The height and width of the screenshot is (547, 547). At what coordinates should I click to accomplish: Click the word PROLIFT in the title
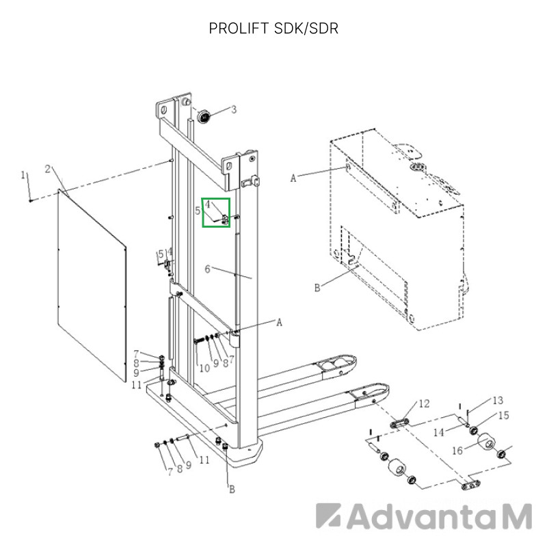pos(239,29)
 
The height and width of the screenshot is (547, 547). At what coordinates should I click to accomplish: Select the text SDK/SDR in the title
pos(306,29)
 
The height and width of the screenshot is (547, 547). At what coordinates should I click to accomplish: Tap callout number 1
pos(23,175)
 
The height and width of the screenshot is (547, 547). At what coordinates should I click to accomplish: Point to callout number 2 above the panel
pos(48,169)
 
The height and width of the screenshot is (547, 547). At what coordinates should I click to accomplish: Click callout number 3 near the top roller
pos(234,109)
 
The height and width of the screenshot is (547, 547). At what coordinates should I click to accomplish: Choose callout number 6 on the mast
pos(208,269)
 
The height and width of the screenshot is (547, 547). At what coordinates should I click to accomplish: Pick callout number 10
pos(204,368)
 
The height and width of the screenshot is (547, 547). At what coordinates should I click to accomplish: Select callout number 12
pos(424,403)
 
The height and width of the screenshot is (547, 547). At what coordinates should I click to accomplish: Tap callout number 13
pos(498,400)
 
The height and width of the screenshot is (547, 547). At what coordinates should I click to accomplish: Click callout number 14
pos(439,433)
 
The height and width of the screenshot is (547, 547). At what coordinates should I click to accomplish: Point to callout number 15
pos(503,415)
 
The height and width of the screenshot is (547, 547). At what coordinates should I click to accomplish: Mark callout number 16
pos(457,451)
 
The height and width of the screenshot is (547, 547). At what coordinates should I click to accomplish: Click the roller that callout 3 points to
pos(204,116)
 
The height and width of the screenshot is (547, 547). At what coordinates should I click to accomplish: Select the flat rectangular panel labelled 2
pos(92,285)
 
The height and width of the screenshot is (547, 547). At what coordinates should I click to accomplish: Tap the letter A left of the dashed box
pos(293,178)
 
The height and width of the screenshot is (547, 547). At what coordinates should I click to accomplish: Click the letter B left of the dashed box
pos(317,288)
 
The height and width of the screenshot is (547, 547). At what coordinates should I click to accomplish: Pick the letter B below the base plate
pos(232,490)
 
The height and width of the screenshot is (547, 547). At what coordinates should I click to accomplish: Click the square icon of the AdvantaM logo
pos(328,516)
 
